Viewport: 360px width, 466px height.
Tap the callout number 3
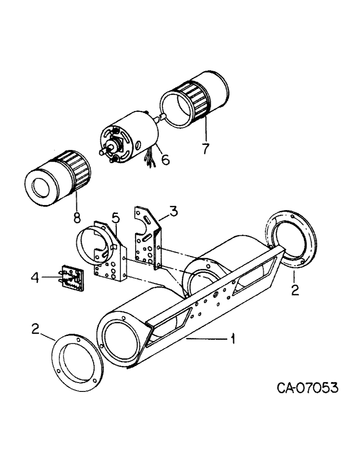(173, 213)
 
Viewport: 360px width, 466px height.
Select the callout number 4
(33, 278)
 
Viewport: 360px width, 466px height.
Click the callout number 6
(164, 160)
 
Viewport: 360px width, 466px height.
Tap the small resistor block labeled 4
(71, 278)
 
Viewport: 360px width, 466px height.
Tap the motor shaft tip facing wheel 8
(101, 152)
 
